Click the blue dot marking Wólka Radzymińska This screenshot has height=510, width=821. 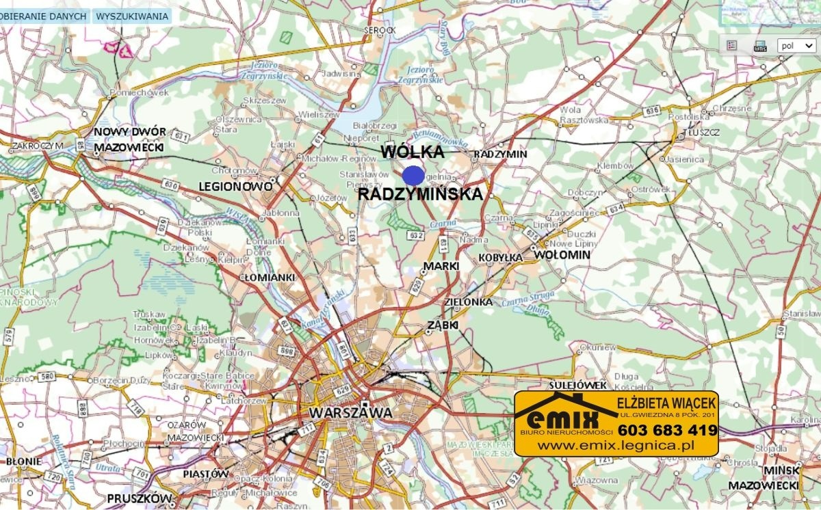(413, 176)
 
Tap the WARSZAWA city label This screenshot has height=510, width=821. (350, 413)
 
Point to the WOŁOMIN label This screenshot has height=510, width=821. (561, 255)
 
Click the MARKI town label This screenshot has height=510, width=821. (441, 265)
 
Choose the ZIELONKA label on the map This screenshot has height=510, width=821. (469, 301)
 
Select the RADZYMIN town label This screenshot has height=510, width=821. (500, 154)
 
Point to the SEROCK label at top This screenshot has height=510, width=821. (380, 30)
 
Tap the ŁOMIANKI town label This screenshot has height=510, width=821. (268, 278)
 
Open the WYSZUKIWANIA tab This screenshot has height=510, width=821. (132, 16)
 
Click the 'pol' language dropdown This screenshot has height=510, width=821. (796, 46)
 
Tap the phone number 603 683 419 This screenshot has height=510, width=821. (667, 430)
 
